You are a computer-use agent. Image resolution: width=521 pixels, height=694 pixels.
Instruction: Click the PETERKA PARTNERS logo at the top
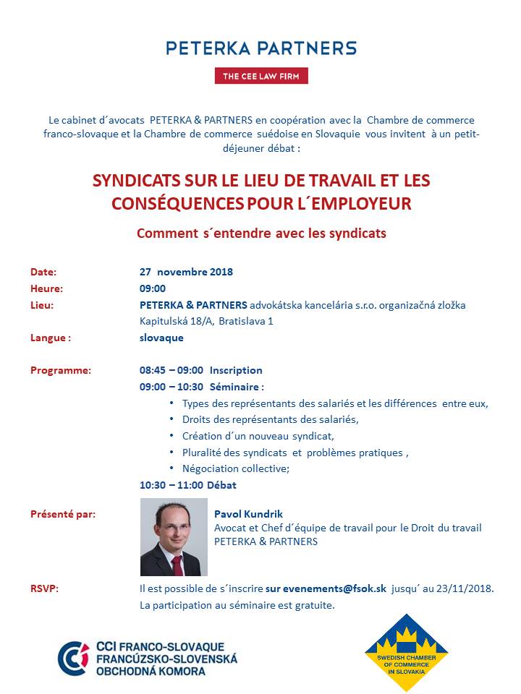point(260,48)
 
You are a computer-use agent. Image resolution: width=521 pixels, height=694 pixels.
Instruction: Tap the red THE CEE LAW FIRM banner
point(260,76)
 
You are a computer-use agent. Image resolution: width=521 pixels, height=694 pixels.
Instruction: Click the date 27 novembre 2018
point(186,273)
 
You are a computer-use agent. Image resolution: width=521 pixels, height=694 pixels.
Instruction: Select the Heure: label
point(46,288)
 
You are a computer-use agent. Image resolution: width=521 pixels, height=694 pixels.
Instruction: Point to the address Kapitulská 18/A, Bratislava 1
point(206,320)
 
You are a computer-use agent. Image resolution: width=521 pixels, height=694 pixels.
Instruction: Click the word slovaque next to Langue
point(161,338)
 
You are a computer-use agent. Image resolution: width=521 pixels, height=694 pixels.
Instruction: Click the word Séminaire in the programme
point(234,387)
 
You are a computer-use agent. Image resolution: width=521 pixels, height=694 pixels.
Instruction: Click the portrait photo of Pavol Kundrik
point(174,537)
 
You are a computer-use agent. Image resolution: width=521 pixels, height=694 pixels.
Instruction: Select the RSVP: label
point(44,588)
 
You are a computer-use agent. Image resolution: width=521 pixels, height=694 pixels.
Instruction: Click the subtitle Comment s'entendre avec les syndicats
point(261,234)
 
